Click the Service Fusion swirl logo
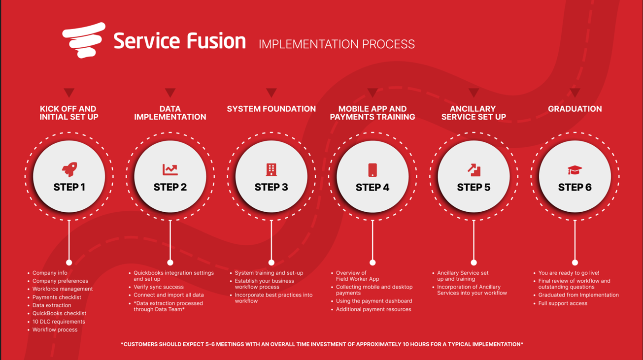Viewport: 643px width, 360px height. (84, 40)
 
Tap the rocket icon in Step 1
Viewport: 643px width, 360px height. (69, 169)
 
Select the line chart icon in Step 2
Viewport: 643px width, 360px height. (170, 169)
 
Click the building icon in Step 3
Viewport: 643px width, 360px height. (271, 169)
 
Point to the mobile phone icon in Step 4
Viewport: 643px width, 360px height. (372, 170)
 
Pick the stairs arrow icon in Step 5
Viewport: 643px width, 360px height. (474, 170)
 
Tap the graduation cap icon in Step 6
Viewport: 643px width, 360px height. (575, 170)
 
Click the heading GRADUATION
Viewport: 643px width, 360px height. (575, 109)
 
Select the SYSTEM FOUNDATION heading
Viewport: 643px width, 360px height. (271, 109)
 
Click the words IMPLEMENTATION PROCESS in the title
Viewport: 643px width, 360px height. (337, 44)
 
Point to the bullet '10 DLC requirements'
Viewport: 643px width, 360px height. (59, 322)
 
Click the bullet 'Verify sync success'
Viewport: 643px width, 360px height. (158, 287)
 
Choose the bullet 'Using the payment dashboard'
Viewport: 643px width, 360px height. (374, 301)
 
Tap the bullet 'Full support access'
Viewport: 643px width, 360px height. (563, 303)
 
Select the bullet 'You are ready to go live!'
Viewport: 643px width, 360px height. (569, 273)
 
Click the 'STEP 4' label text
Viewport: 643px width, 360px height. (372, 188)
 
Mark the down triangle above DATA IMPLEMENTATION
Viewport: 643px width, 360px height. (170, 93)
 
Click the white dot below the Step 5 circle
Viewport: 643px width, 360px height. (474, 262)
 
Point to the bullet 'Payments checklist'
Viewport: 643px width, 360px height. (57, 297)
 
